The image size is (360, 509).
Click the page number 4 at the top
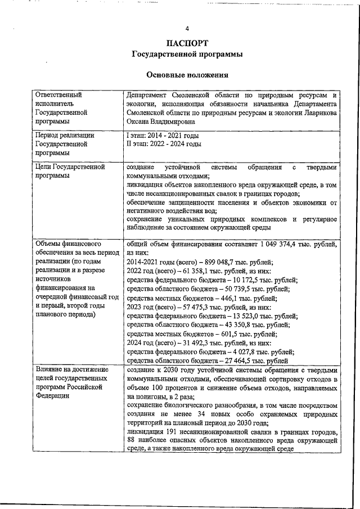(x=187, y=29)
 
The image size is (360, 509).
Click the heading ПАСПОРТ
(x=187, y=43)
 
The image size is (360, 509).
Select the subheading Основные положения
(x=187, y=75)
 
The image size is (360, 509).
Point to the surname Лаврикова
(x=318, y=112)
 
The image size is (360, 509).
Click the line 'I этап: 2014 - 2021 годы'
(x=163, y=136)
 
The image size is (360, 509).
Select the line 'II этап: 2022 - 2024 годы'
(x=164, y=144)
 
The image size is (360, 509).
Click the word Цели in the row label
(x=44, y=167)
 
